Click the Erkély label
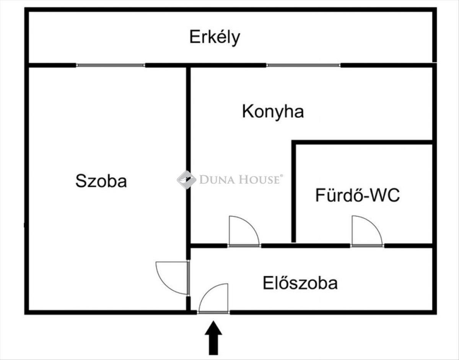(215, 38)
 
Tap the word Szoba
(101, 181)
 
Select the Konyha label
(273, 112)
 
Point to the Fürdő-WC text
(357, 195)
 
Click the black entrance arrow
(213, 338)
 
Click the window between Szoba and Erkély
(111, 65)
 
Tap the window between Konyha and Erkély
(303, 65)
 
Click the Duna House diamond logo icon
(187, 180)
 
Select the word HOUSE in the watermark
(260, 180)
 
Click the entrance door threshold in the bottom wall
(213, 313)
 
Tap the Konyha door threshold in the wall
(244, 246)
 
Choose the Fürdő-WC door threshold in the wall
(367, 246)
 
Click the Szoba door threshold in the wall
(189, 278)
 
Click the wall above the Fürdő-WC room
(362, 142)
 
